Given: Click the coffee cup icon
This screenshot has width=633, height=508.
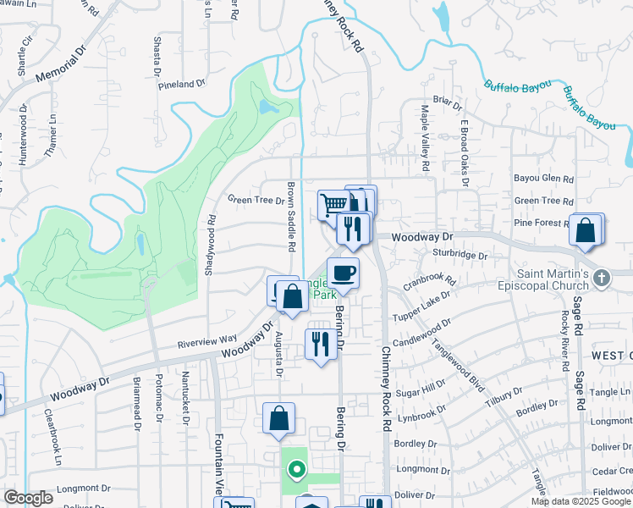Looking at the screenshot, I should click(x=343, y=273).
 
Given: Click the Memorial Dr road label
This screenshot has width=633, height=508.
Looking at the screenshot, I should click(x=62, y=65).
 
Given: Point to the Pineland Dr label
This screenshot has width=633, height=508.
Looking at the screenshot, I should click(x=182, y=84).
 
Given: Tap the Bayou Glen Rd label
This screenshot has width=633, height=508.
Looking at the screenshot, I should click(x=543, y=179).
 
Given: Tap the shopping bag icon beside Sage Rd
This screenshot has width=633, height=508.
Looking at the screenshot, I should click(x=586, y=229).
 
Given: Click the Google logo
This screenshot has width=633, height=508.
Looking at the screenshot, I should click(x=28, y=498).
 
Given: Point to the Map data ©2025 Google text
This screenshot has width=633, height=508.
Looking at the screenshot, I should click(x=581, y=501).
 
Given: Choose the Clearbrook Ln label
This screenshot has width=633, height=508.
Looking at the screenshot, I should click(x=52, y=438).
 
